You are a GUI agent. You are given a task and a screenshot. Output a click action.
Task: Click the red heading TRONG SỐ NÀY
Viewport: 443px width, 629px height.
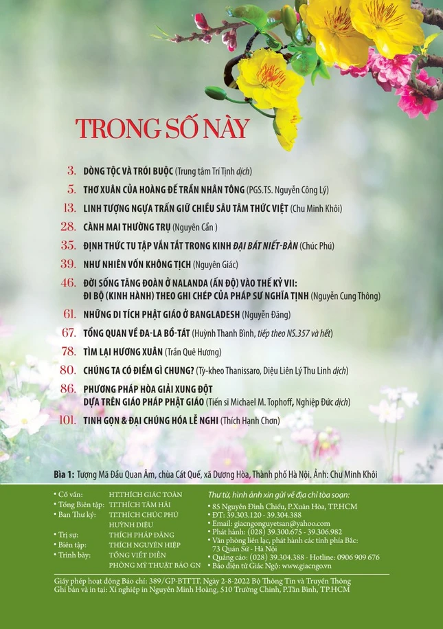[x=162, y=129]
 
